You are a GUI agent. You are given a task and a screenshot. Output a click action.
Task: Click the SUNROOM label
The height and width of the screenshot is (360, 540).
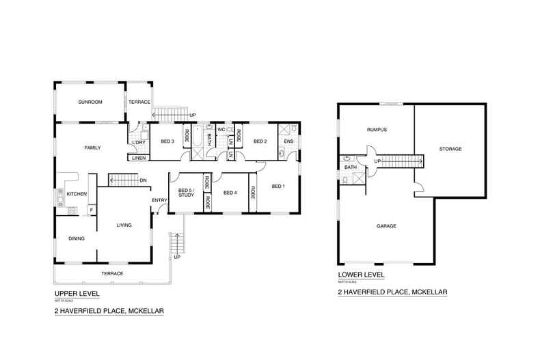[x=90, y=102]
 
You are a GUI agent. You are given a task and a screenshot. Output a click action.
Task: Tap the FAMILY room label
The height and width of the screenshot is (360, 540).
[x=93, y=148]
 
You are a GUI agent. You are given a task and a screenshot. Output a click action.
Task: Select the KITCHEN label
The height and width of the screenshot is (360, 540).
[x=77, y=195]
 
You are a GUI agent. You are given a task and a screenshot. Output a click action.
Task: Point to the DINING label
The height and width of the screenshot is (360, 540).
[x=76, y=238]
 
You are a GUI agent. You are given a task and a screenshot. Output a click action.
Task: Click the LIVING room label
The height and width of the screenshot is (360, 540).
[x=124, y=225]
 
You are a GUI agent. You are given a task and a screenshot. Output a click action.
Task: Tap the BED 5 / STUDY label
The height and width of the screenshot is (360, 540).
[x=186, y=193]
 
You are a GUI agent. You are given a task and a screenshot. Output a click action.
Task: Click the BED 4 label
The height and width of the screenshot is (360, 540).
[x=230, y=193]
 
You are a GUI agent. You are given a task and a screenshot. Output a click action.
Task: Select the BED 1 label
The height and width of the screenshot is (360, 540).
[x=278, y=186]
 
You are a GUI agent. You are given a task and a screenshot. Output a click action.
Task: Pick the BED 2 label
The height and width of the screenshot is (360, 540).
[x=260, y=141]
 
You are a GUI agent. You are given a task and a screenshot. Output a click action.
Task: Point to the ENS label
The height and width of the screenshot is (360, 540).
[x=288, y=141]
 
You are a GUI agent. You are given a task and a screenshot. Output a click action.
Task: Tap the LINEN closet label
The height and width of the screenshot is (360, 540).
[x=139, y=158]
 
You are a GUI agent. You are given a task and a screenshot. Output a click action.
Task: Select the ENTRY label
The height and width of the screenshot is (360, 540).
[x=159, y=199]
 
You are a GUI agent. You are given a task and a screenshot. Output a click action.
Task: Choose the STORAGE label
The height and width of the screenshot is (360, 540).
[x=450, y=149]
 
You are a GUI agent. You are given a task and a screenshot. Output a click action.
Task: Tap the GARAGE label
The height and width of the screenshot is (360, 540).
[x=386, y=225]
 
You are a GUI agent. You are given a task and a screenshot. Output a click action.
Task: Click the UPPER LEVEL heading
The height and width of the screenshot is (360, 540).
[x=77, y=293]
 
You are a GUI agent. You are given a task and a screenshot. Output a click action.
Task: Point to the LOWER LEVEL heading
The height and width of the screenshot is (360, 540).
[x=361, y=275]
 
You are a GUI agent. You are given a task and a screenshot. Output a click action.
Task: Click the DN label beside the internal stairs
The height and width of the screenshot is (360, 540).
[x=144, y=180]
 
